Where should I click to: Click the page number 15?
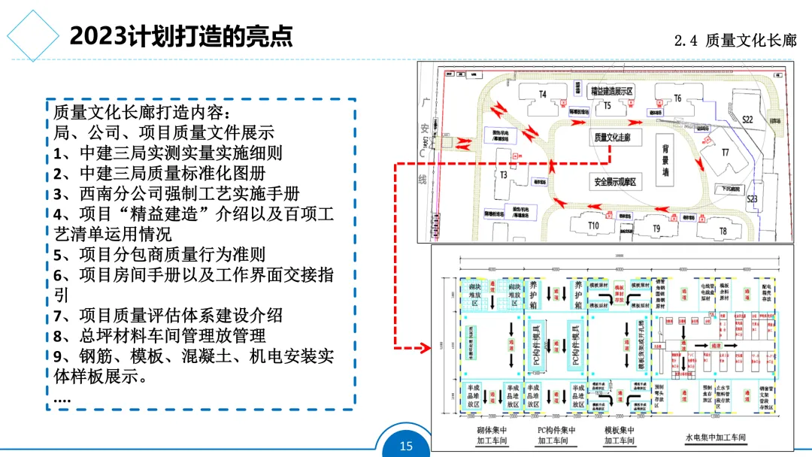point(406,446)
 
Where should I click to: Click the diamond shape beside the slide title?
point(32,35)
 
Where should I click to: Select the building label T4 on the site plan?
point(542,95)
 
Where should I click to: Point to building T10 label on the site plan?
point(593,225)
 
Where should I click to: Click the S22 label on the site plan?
point(747,120)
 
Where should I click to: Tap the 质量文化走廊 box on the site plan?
point(613,138)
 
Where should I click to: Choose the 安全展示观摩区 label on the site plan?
point(615,183)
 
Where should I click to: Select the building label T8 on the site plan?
point(723,231)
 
